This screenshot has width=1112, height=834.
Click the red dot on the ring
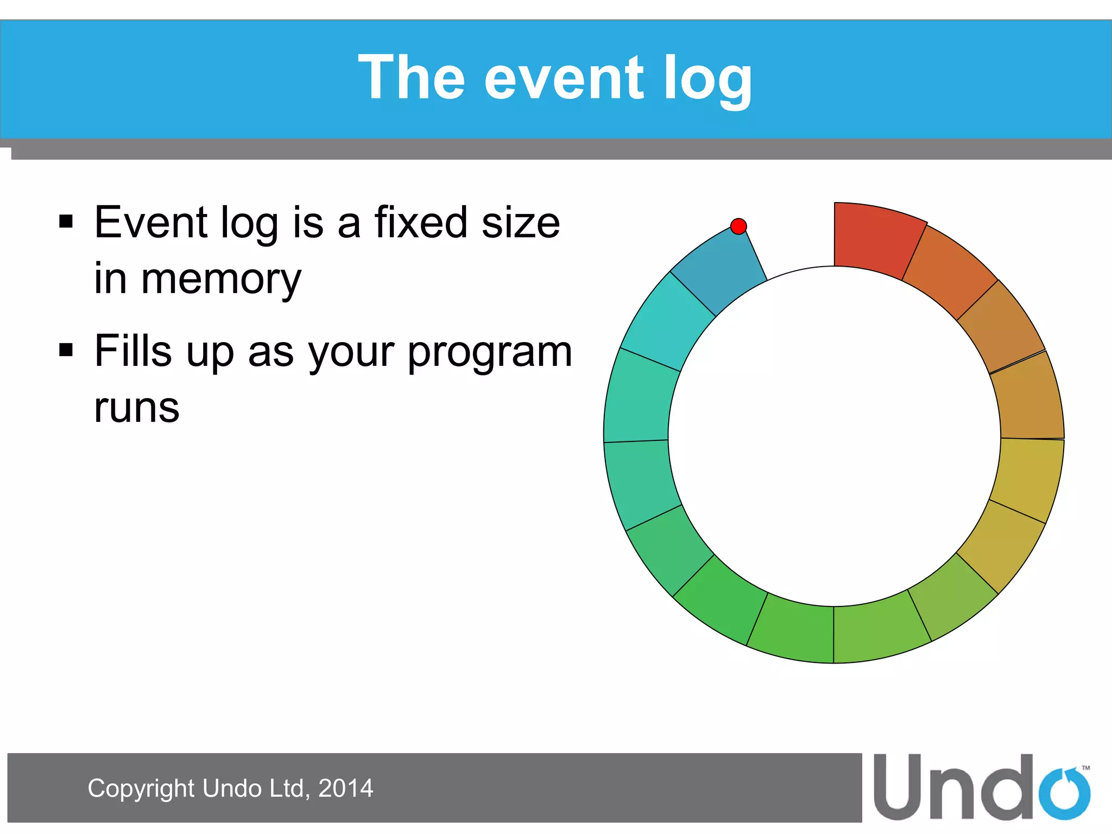coord(738,226)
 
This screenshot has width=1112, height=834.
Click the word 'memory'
coord(220,280)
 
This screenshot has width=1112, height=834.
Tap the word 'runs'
coord(136,409)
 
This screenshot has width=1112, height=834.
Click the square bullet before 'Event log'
coord(66,222)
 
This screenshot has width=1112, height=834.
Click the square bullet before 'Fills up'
coord(66,350)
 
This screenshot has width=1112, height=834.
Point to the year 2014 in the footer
coord(345,788)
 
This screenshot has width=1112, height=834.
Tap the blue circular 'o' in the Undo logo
coord(1065,794)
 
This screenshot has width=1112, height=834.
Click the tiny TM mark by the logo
coord(1086,768)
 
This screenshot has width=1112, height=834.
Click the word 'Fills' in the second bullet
coord(134,351)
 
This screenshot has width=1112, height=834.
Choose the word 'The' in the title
coord(412,78)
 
